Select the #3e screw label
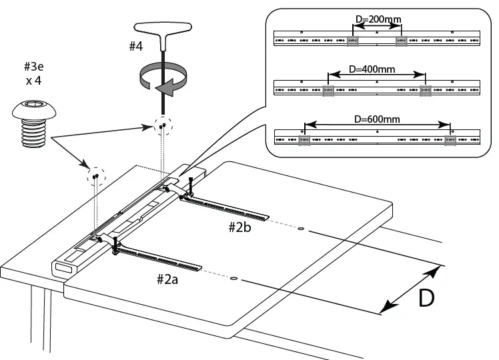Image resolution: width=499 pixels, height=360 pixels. click(35, 66)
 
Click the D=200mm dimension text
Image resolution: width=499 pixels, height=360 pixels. click(379, 19)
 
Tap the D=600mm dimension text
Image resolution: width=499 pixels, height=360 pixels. click(377, 119)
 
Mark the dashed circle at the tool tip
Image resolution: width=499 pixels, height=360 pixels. click(162, 125)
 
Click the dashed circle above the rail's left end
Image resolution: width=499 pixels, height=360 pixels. click(97, 176)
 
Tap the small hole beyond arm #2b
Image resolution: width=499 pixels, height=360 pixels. click(301, 229)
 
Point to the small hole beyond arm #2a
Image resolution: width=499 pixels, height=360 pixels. click(234, 278)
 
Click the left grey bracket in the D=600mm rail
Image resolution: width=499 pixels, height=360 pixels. click(304, 140)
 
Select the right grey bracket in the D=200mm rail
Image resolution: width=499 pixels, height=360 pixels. click(401, 41)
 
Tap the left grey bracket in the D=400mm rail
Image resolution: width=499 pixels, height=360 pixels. click(328, 91)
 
